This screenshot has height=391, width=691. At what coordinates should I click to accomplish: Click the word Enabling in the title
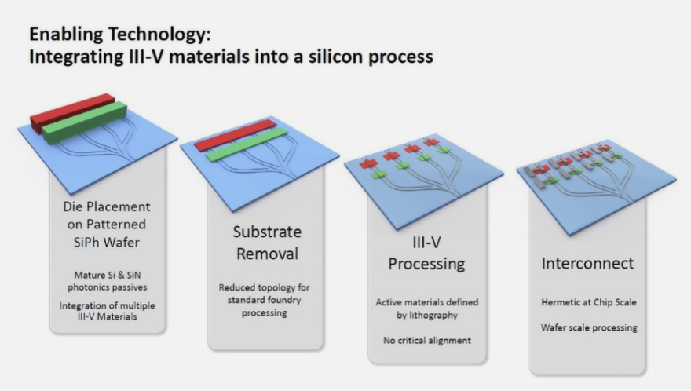tap(66, 35)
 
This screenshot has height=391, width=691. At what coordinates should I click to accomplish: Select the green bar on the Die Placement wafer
tap(85, 122)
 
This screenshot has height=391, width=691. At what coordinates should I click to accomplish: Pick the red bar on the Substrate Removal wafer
tap(236, 135)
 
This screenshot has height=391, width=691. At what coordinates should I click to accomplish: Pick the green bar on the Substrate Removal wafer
tap(247, 144)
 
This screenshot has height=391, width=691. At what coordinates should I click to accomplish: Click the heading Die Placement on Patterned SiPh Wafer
tap(107, 225)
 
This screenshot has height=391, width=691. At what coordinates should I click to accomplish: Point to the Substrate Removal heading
tap(267, 243)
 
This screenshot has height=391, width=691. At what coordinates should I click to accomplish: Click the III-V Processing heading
tap(426, 253)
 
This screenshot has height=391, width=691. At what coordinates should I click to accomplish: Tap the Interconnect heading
tap(587, 263)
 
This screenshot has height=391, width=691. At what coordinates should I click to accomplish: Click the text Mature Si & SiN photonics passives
tap(107, 281)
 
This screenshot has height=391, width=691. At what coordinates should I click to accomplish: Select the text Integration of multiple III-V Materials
tap(107, 311)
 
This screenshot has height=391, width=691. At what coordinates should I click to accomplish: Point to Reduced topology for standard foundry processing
tap(264, 300)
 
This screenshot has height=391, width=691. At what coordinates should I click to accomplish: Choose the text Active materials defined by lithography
tap(426, 309)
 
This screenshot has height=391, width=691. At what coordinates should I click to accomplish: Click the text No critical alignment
tap(426, 340)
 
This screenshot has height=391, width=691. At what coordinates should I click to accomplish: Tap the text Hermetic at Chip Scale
tap(589, 302)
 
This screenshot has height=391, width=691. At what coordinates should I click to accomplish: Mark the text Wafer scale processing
tap(589, 328)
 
